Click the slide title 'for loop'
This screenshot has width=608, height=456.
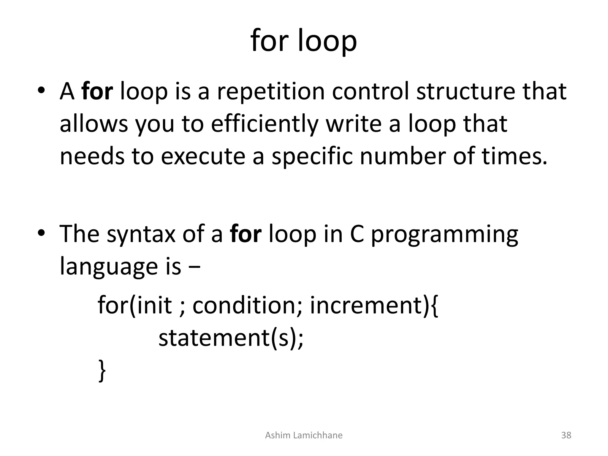coord(304,41)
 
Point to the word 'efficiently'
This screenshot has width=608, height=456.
coord(265,124)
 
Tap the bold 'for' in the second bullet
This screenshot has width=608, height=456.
coord(246,234)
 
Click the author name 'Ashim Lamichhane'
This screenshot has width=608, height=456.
coord(304,435)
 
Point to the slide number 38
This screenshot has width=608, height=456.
coord(566,435)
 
